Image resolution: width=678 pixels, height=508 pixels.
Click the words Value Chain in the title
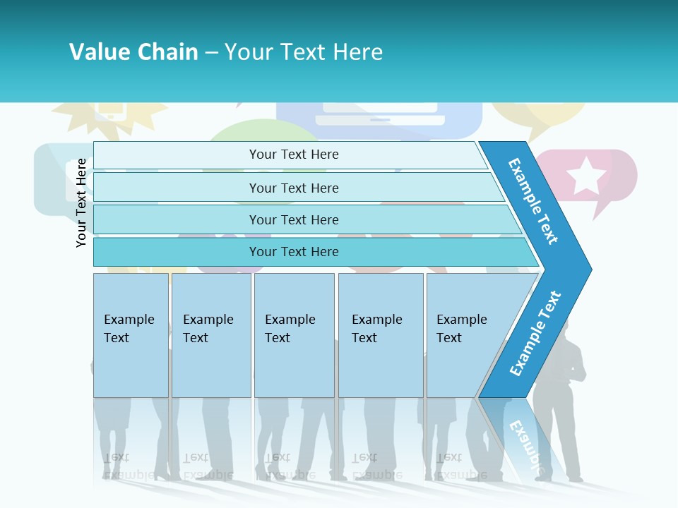click(x=133, y=52)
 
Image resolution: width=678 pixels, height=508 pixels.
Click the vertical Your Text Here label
click(x=81, y=202)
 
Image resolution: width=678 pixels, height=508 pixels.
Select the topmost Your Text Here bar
click(x=293, y=155)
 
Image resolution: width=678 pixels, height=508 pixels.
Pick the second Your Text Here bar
click(x=293, y=188)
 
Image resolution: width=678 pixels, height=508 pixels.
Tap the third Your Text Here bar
click(x=293, y=219)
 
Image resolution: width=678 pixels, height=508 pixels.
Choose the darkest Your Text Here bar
click(x=293, y=252)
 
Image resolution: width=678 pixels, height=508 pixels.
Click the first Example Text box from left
click(x=131, y=335)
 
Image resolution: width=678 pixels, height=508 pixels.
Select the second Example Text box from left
click(x=210, y=335)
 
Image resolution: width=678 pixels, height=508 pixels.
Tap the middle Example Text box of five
click(x=294, y=335)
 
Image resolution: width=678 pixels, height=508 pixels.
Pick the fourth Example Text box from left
click(x=381, y=335)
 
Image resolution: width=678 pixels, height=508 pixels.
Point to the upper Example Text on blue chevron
click(x=533, y=201)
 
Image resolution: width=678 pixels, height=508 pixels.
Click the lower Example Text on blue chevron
click(x=535, y=333)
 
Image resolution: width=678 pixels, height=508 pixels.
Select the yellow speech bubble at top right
click(x=538, y=119)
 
